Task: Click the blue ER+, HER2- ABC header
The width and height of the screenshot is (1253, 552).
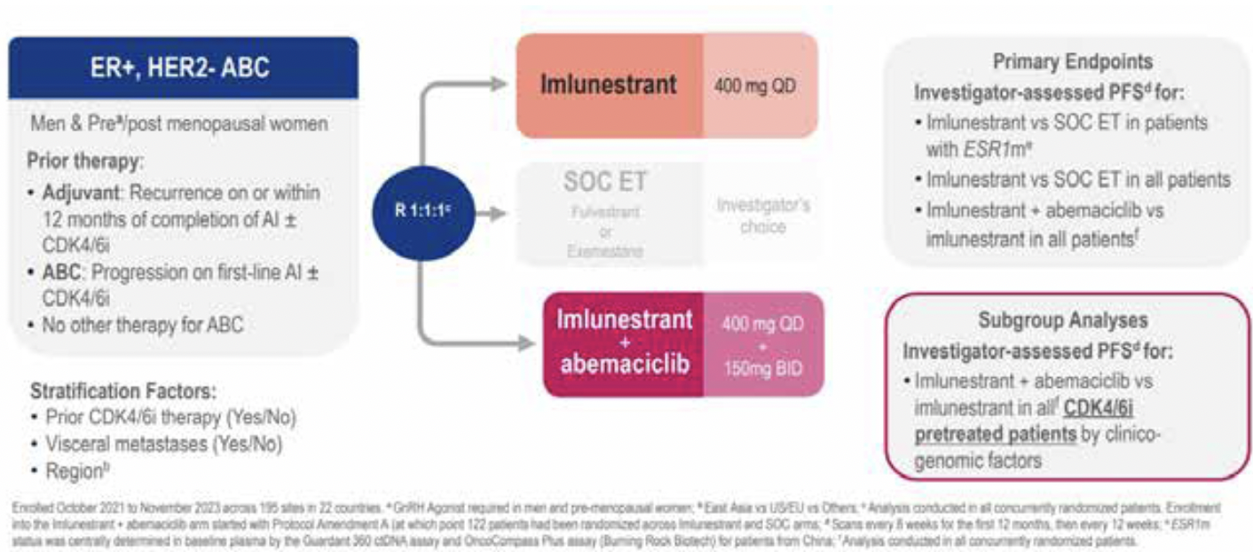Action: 183,67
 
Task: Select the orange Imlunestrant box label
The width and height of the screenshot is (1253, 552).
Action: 610,85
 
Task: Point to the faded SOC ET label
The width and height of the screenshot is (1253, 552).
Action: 605,183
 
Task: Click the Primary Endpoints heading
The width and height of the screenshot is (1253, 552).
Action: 1072,62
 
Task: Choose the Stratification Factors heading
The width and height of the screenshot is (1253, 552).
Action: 123,391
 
